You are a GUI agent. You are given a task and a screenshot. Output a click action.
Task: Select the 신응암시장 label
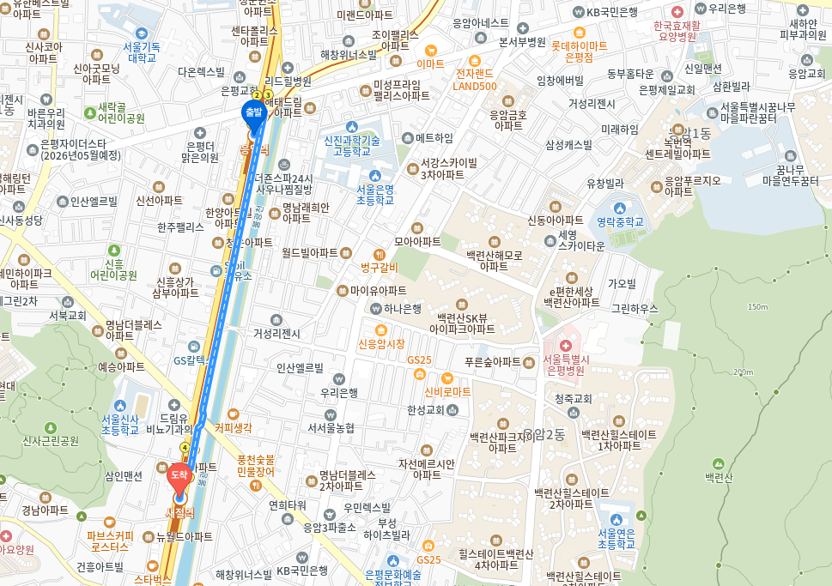click(x=380, y=343)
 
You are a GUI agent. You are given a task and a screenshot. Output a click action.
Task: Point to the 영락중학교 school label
click(x=621, y=221)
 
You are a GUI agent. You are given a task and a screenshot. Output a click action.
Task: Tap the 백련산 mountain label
click(x=718, y=476)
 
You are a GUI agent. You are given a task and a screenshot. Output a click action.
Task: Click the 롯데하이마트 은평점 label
click(x=579, y=51)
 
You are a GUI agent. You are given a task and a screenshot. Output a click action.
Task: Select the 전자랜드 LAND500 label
click(x=475, y=79)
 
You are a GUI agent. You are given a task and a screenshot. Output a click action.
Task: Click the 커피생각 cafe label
click(x=233, y=427)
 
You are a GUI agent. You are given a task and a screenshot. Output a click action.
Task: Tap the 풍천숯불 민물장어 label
click(x=255, y=465)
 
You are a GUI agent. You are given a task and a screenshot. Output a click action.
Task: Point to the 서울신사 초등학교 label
click(x=121, y=424)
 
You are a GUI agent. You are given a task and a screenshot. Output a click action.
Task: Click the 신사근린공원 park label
click(x=50, y=440)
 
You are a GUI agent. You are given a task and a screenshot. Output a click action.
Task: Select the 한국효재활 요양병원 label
click(x=676, y=31)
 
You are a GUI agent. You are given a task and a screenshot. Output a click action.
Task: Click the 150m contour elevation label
click(x=757, y=306)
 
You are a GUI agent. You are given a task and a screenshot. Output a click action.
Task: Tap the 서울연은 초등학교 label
click(x=616, y=538)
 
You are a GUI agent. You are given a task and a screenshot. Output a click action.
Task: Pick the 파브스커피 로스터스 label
click(x=108, y=540)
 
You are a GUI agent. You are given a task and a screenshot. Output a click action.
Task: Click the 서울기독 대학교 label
click(x=142, y=51)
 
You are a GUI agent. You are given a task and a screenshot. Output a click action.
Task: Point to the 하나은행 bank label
click(x=402, y=308)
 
